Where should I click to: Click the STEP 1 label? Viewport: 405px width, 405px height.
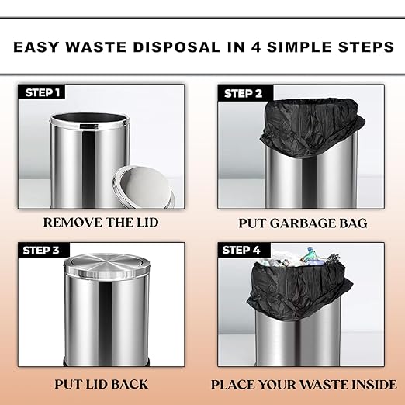(x=43, y=92)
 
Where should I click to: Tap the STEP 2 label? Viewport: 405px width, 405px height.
(x=243, y=93)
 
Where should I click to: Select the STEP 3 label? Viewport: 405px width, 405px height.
(x=41, y=250)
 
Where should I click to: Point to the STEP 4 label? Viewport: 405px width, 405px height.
(x=241, y=250)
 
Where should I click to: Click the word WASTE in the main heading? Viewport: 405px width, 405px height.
(x=96, y=47)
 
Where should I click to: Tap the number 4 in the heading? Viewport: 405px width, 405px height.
(x=256, y=47)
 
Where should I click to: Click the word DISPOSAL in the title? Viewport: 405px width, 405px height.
(x=177, y=47)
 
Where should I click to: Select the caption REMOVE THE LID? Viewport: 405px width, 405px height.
(x=101, y=223)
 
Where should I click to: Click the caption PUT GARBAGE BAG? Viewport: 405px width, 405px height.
(x=303, y=223)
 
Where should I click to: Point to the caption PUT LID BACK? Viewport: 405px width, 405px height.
(x=101, y=384)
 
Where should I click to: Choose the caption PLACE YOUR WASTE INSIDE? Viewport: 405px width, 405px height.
(x=303, y=385)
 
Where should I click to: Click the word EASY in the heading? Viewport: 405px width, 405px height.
(x=36, y=47)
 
